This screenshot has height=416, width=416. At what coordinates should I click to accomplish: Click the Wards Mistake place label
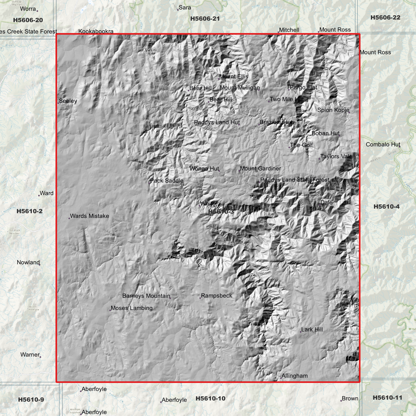click(x=89, y=216)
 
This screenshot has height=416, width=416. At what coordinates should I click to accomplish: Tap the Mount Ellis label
click(x=233, y=77)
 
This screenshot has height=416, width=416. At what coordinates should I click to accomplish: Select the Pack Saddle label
click(x=166, y=181)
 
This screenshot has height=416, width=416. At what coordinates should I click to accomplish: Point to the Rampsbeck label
click(x=216, y=296)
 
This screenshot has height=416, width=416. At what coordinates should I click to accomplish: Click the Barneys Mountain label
click(x=146, y=296)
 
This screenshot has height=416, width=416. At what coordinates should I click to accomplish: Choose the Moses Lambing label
click(x=132, y=308)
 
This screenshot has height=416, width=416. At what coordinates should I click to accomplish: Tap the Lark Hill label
click(x=312, y=330)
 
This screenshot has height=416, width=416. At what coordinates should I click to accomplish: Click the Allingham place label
click(x=295, y=376)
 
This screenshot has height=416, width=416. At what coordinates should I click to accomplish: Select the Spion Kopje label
click(x=333, y=110)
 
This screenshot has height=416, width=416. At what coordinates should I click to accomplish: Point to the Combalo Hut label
click(x=383, y=145)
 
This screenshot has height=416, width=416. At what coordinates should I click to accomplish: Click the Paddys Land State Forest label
click(x=295, y=180)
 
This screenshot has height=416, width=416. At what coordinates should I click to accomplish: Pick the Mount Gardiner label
click(x=260, y=168)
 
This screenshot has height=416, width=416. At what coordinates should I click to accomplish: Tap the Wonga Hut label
click(x=204, y=169)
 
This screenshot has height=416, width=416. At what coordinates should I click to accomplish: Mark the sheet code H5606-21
click(x=205, y=19)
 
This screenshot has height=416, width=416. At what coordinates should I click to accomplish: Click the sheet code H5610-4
click(x=386, y=206)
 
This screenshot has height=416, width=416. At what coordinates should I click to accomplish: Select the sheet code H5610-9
click(x=31, y=400)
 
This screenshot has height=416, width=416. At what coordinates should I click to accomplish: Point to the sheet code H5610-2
click(x=29, y=211)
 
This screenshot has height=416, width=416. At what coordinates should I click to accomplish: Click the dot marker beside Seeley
click(x=58, y=103)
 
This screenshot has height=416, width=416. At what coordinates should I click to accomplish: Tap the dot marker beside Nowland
click(x=39, y=265)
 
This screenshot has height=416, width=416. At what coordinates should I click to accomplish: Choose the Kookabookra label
click(x=96, y=31)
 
